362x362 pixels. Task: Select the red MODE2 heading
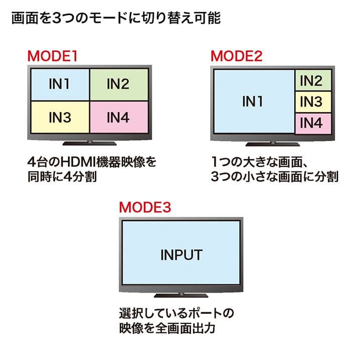pyautogui.click(x=236, y=55)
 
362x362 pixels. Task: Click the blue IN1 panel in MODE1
pyautogui.click(x=59, y=84)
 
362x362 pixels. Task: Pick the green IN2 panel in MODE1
pyautogui.click(x=118, y=84)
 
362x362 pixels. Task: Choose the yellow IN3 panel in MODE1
pyautogui.click(x=59, y=118)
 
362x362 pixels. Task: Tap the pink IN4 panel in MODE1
pyautogui.click(x=118, y=118)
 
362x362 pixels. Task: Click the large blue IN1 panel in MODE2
pyautogui.click(x=253, y=102)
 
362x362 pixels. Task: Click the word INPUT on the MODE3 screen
pyautogui.click(x=181, y=254)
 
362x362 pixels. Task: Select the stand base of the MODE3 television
pyautogui.click(x=181, y=295)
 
